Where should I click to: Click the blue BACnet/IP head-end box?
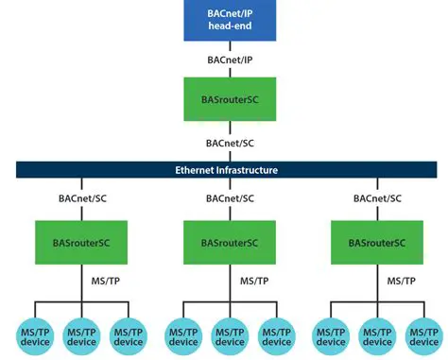tap(229, 21)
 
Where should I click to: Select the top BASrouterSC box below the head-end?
tap(229, 99)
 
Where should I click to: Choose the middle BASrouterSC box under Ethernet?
tap(229, 243)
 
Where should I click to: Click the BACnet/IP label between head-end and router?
tap(229, 60)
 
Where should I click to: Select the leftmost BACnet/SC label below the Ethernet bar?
tap(80, 199)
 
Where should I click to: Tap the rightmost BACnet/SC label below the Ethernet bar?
tap(376, 199)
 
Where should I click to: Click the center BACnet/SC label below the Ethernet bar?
tap(229, 199)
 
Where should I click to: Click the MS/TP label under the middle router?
tap(251, 282)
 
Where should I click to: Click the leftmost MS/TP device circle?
tap(35, 336)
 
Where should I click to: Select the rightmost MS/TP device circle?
tap(425, 336)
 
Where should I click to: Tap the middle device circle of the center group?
tap(229, 336)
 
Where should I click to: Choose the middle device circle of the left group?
tap(81, 336)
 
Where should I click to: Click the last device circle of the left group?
tap(128, 336)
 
